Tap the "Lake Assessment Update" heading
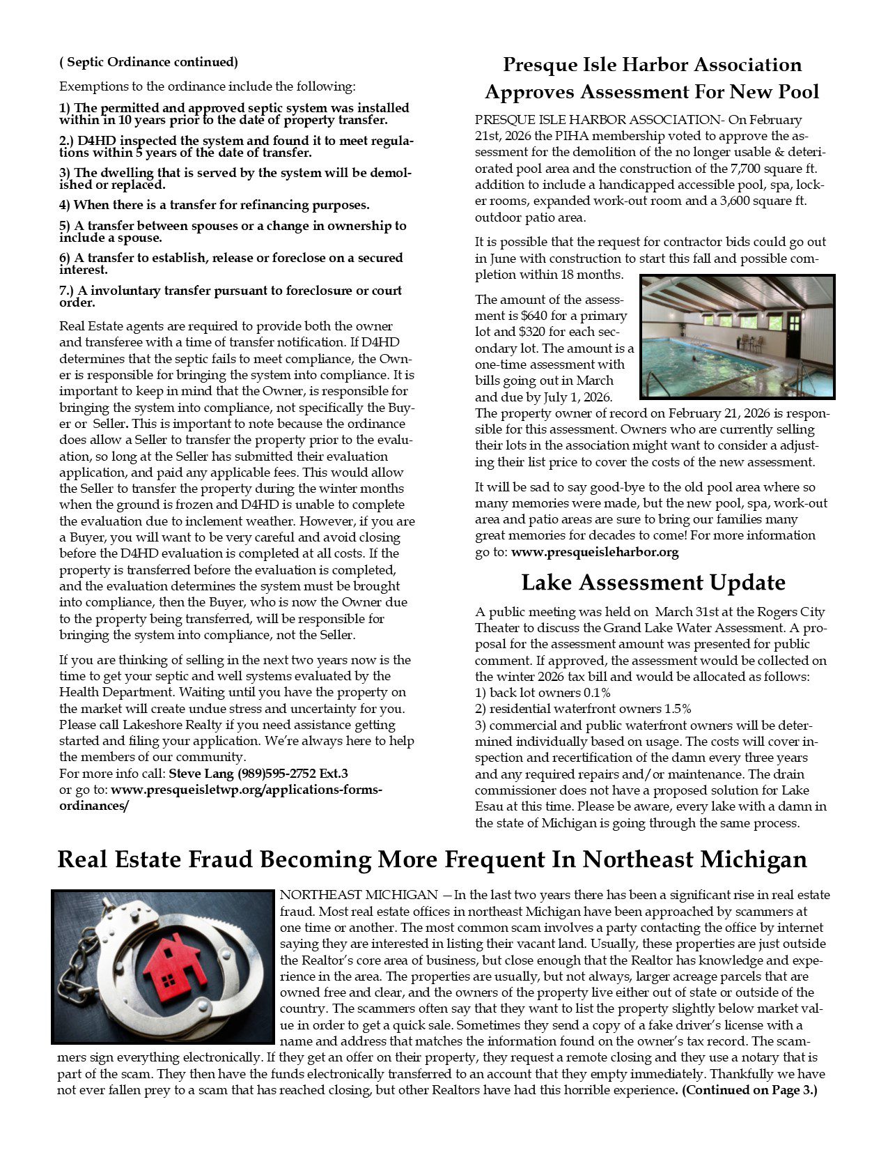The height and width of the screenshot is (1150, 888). tap(653, 583)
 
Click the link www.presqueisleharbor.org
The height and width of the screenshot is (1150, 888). tap(595, 552)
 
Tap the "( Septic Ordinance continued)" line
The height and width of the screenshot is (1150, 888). tap(148, 62)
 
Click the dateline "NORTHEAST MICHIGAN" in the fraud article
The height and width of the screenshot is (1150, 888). tap(358, 895)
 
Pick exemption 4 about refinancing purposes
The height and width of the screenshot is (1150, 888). tap(214, 205)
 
